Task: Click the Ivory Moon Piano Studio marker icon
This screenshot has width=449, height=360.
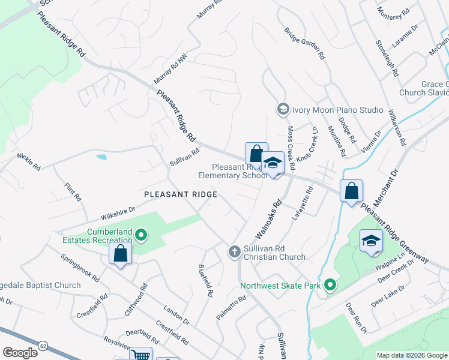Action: click(x=283, y=109)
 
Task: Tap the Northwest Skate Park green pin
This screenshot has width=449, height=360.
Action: click(x=329, y=286)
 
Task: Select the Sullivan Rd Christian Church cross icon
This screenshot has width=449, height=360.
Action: click(x=235, y=251)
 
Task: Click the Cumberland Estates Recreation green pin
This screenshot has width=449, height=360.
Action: click(x=141, y=235)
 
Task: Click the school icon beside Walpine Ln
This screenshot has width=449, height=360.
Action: click(x=371, y=242)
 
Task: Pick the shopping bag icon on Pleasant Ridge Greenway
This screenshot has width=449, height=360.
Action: click(x=351, y=191)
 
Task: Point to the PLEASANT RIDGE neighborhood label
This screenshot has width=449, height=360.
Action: click(x=180, y=194)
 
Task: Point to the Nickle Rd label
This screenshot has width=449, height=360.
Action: click(x=28, y=160)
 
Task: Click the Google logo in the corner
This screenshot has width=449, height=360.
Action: click(x=20, y=353)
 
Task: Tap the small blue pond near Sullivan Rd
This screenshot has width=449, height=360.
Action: click(x=101, y=157)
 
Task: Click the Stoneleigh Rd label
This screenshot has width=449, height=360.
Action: click(x=387, y=58)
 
